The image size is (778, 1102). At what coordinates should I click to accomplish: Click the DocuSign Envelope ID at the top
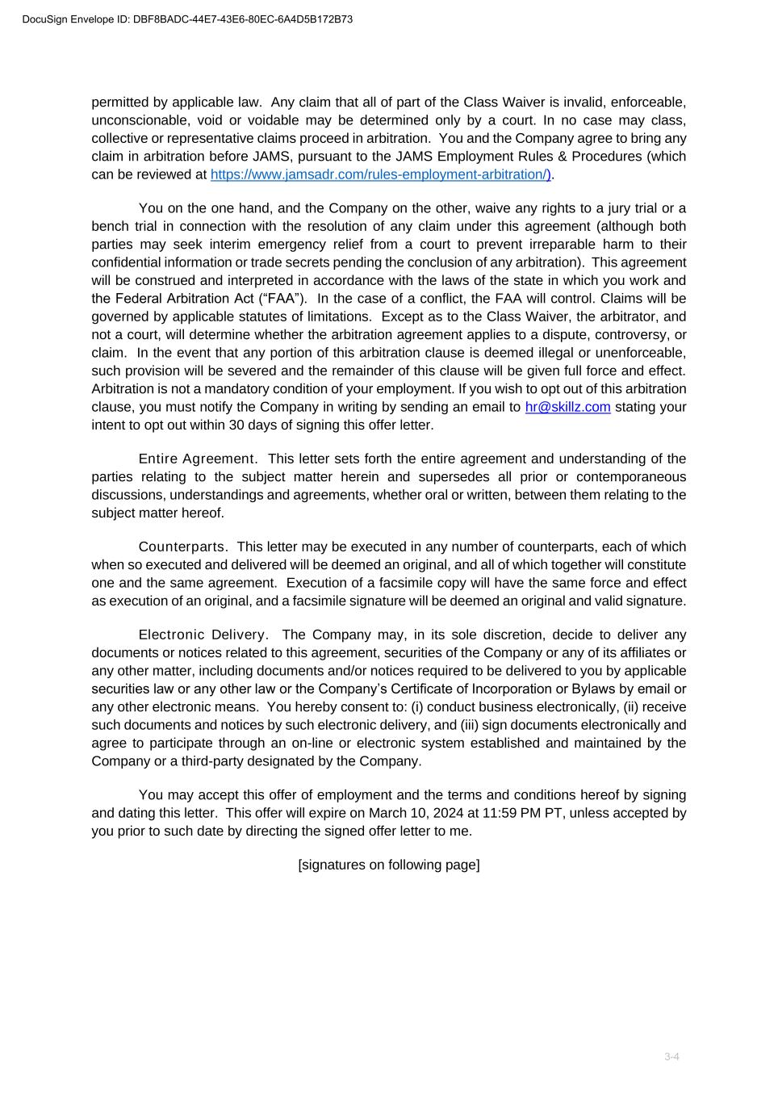click(x=187, y=19)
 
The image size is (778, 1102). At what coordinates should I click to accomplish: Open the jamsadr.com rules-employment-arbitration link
click(x=380, y=174)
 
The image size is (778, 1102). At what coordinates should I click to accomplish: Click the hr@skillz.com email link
click(x=567, y=407)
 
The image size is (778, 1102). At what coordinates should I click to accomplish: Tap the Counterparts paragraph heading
click(x=183, y=547)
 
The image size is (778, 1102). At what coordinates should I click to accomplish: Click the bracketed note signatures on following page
click(x=389, y=865)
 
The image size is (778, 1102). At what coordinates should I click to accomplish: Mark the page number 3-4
click(x=671, y=1057)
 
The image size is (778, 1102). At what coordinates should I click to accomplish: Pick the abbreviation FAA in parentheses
click(x=283, y=299)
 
